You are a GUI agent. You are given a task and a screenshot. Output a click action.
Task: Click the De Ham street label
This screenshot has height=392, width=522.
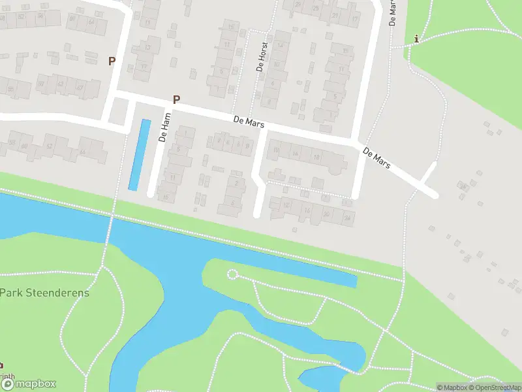[x=164, y=127]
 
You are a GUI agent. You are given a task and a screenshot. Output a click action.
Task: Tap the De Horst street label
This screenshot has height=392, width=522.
[x=259, y=58]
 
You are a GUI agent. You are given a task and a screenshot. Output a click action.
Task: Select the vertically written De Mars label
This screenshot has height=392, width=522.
[x=393, y=12]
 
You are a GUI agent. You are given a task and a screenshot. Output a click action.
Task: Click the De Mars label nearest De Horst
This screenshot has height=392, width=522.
[x=247, y=122]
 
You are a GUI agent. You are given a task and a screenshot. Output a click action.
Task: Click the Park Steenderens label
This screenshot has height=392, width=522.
[x=44, y=293]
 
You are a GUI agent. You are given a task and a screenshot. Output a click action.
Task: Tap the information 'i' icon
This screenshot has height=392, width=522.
[x=416, y=39]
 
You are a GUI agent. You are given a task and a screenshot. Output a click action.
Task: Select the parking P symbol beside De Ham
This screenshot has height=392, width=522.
[x=176, y=100]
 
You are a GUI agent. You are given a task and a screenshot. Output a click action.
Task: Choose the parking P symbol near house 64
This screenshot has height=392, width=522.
[x=112, y=61]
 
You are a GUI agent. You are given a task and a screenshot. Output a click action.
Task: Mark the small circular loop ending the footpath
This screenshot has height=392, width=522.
[x=232, y=274]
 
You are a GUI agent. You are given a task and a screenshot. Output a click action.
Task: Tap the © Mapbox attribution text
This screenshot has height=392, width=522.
[x=451, y=387]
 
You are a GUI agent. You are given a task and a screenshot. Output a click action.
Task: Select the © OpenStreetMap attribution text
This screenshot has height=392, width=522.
[x=493, y=387]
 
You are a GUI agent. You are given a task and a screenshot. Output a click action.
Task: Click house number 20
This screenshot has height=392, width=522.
[x=326, y=214]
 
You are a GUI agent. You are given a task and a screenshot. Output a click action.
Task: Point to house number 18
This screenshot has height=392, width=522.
[x=316, y=157]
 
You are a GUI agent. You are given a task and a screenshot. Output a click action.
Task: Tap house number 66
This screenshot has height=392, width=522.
[x=83, y=152]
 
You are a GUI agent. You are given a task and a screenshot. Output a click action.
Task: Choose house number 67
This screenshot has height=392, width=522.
[x=80, y=87]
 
